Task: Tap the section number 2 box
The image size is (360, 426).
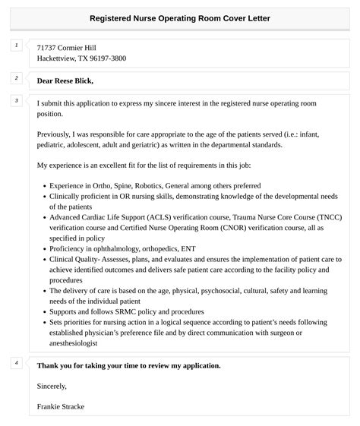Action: point(16,78)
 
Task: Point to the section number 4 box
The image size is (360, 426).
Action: point(16,363)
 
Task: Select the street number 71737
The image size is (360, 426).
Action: point(49,47)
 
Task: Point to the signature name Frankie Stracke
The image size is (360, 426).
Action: point(61,406)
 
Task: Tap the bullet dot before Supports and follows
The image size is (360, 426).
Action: point(43,312)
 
